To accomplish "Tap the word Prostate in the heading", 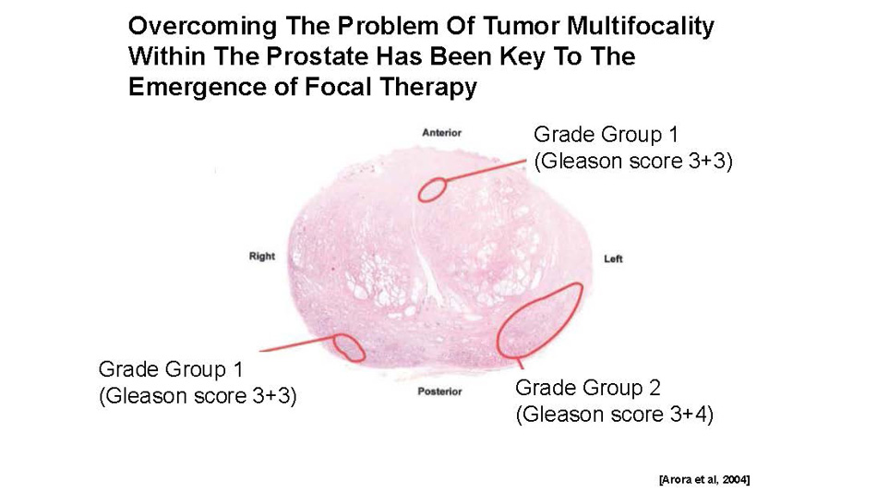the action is tap(317, 56).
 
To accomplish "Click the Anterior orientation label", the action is tap(442, 133).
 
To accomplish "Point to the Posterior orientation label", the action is tap(439, 391).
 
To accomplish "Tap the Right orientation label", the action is tap(262, 257).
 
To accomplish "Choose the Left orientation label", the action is tap(613, 259).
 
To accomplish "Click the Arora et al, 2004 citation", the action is tap(704, 479).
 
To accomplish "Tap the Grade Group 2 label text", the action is tap(588, 388).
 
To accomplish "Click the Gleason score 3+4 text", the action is tap(614, 415).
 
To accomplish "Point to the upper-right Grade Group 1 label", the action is tap(606, 135).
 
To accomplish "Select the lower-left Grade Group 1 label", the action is tap(171, 369).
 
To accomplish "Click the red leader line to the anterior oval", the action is tap(486, 170).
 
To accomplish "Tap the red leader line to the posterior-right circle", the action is tap(297, 343).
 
